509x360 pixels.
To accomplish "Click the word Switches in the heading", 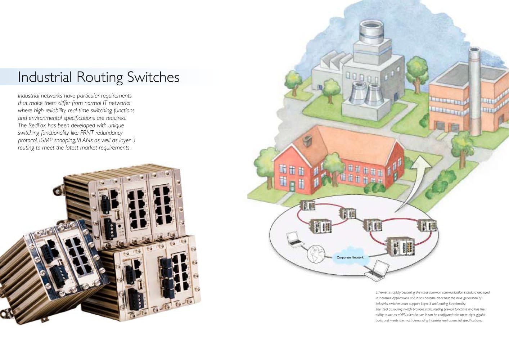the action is point(153,77).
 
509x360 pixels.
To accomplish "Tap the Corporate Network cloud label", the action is point(350,257).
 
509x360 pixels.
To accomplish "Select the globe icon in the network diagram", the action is point(316,254).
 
